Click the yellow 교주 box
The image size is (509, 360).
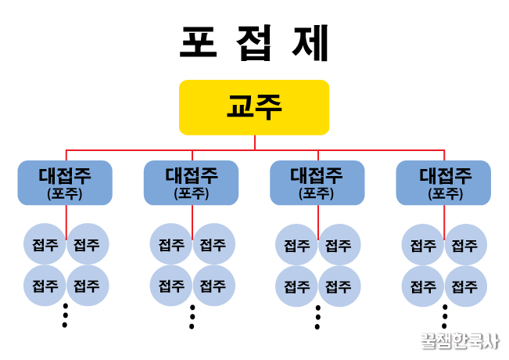coord(254,107)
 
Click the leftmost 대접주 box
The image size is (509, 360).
coord(65,182)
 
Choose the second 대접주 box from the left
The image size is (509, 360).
coord(191,182)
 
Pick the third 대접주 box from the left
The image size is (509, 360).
coord(317,182)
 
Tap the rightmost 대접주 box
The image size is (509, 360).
coord(443,182)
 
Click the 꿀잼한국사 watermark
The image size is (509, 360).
coord(459,341)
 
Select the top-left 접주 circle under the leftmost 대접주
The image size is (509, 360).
coord(45,244)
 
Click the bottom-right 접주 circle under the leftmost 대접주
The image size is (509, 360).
coord(87,285)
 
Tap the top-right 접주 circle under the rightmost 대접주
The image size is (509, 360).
coord(465,244)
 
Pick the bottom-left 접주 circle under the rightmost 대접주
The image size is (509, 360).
coord(423,285)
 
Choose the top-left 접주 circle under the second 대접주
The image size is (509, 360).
coord(170,244)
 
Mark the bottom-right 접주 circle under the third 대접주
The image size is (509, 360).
coord(339,285)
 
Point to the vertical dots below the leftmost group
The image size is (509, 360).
coord(65,315)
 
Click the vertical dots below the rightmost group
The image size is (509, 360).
coord(444,315)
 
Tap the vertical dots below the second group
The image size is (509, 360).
coord(192,315)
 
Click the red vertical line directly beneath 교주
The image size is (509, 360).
coord(255,142)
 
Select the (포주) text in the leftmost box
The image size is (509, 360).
coord(65,193)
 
